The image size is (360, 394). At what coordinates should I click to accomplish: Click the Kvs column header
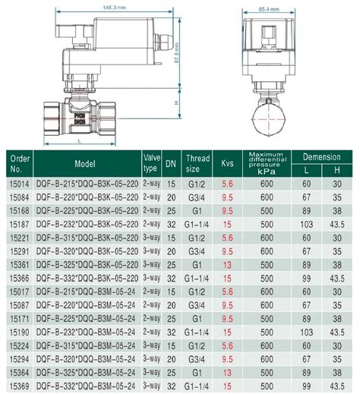(x=226, y=163)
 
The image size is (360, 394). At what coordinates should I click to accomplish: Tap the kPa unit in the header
(x=267, y=171)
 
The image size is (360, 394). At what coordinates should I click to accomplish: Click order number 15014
(x=17, y=184)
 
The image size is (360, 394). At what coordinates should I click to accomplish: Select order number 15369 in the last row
(x=17, y=386)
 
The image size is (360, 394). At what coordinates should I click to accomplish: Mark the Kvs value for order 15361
(x=226, y=265)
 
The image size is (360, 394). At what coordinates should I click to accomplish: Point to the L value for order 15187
(x=308, y=225)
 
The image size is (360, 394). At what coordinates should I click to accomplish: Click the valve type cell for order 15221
(x=152, y=238)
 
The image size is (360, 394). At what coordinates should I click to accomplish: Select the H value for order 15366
(x=337, y=279)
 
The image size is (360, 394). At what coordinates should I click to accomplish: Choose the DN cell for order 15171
(x=172, y=320)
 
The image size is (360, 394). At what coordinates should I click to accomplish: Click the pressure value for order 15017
(x=267, y=292)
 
